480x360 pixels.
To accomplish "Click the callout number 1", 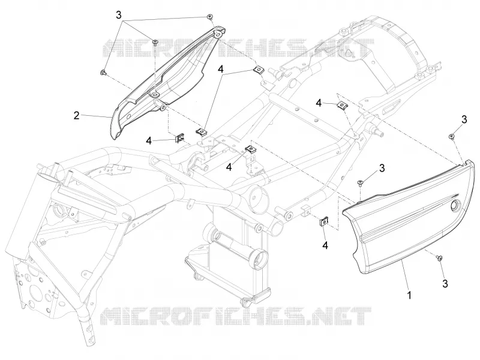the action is click(x=409, y=295).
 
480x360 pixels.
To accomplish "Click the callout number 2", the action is click(x=76, y=115).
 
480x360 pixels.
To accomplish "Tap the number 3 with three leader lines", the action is click(x=119, y=15).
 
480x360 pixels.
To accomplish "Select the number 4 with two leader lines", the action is click(x=220, y=69).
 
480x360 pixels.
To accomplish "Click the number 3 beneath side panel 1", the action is click(x=445, y=283).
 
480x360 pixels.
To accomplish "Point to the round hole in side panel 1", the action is click(x=455, y=205).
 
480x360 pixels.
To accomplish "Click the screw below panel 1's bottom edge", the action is click(x=440, y=259).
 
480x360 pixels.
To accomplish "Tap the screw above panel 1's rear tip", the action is click(x=451, y=136).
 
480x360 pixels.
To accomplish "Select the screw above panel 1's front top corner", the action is click(x=360, y=183).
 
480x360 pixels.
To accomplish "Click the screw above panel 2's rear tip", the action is click(x=209, y=17).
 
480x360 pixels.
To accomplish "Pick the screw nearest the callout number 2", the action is click(x=103, y=73).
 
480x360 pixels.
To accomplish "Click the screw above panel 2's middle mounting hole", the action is click(x=155, y=41).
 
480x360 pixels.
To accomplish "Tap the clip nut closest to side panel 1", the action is click(x=323, y=222).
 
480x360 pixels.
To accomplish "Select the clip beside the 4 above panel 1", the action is click(x=341, y=106).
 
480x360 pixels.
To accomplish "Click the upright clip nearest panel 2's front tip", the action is click(x=179, y=139).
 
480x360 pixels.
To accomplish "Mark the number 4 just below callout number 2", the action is click(x=149, y=140).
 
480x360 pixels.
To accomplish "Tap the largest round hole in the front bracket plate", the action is click(x=31, y=287).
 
